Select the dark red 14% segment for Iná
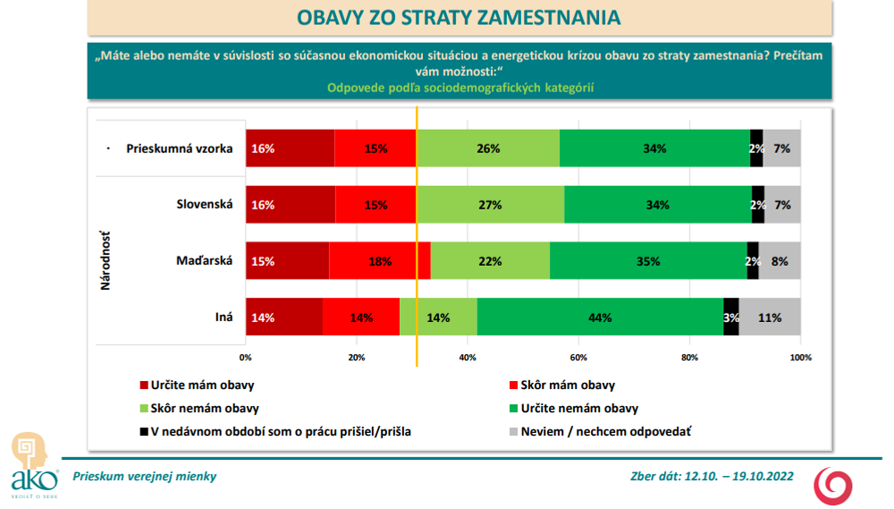pyautogui.click(x=284, y=317)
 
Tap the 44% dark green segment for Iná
pyautogui.click(x=600, y=317)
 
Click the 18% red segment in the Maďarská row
pyautogui.click(x=380, y=261)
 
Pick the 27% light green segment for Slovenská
pyautogui.click(x=490, y=205)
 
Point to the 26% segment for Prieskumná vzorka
pyautogui.click(x=488, y=148)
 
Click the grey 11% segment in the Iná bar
pyautogui.click(x=770, y=317)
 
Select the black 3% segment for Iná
pyautogui.click(x=731, y=317)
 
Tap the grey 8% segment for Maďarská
pyautogui.click(x=780, y=261)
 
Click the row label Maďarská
pyautogui.click(x=205, y=261)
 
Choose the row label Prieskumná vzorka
pyautogui.click(x=180, y=148)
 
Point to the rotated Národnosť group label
pyautogui.click(x=105, y=261)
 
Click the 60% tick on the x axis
pyautogui.click(x=578, y=358)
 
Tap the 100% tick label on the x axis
pyautogui.click(x=800, y=358)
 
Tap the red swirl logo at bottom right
pyautogui.click(x=832, y=483)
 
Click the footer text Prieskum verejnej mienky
pyautogui.click(x=144, y=477)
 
